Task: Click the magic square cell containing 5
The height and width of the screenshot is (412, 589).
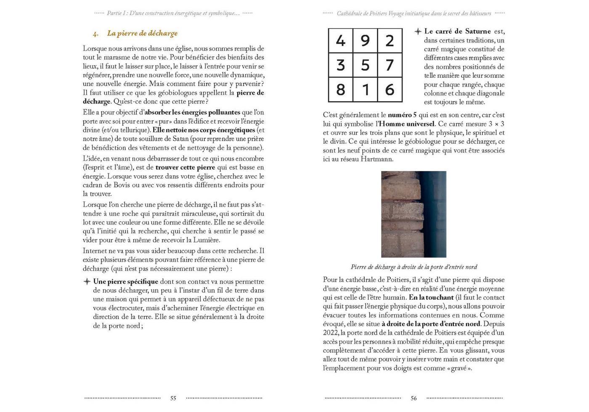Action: tap(365, 65)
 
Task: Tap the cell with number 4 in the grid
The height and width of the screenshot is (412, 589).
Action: tap(340, 41)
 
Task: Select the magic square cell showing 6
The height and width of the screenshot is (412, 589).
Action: tap(390, 90)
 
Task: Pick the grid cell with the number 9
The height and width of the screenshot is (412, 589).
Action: tap(365, 41)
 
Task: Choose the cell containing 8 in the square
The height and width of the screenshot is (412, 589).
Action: tap(340, 90)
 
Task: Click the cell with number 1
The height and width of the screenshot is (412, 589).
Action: tap(365, 90)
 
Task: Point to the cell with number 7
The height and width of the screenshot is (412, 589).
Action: tap(390, 65)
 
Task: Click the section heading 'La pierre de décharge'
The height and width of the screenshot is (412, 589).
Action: tap(142, 33)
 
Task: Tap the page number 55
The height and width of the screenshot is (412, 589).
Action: tap(173, 398)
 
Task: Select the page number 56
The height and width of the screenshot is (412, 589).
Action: tap(414, 398)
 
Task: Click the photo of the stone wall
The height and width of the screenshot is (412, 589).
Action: tap(414, 214)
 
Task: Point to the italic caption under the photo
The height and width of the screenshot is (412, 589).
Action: tap(414, 267)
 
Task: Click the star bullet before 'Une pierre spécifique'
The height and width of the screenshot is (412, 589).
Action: tap(87, 282)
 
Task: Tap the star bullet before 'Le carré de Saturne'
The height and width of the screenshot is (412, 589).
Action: tap(418, 32)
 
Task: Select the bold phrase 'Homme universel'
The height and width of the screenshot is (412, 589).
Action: tap(407, 124)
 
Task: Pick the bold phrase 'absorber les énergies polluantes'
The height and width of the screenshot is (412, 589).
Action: tap(192, 112)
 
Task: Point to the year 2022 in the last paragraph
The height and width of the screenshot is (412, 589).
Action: tap(331, 333)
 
